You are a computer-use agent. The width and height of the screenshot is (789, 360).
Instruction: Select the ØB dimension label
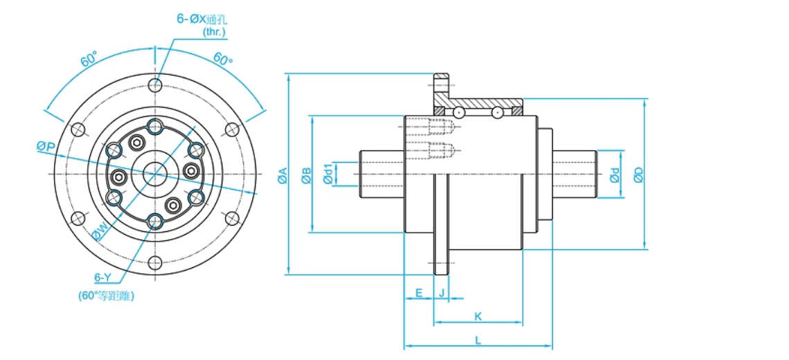click(x=307, y=175)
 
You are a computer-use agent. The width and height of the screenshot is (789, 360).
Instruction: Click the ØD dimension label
click(x=639, y=174)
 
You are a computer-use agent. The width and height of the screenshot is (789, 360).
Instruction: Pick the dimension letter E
click(x=419, y=293)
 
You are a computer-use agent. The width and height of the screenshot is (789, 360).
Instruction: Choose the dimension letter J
click(x=441, y=293)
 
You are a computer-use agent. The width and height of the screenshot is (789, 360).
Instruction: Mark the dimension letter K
click(x=478, y=316)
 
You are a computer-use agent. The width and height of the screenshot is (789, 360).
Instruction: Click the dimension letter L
click(x=478, y=339)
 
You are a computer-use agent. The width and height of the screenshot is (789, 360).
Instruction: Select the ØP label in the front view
click(x=46, y=145)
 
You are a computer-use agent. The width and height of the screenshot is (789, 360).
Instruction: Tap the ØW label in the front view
click(x=99, y=231)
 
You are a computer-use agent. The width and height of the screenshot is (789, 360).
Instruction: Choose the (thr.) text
click(x=214, y=32)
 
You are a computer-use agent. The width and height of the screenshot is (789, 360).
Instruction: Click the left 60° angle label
click(x=89, y=60)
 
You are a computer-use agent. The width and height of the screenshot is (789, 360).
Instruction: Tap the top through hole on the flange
click(x=155, y=85)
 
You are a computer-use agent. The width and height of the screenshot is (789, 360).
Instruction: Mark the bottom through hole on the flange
click(x=155, y=262)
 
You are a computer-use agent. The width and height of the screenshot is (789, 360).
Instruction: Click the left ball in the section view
click(x=459, y=111)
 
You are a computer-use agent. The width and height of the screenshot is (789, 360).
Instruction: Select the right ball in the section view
click(x=497, y=111)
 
